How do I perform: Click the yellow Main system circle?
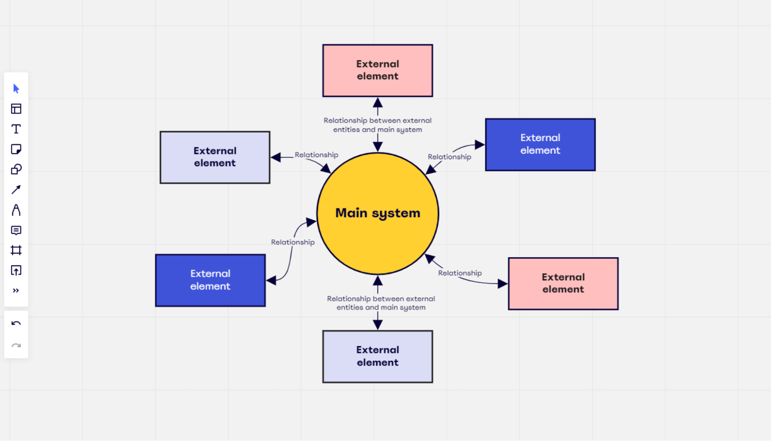tap(378, 213)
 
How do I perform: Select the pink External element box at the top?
tap(378, 71)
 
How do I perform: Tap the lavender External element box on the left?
tap(215, 157)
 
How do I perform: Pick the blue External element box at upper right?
tap(540, 145)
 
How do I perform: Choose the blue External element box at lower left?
tap(210, 280)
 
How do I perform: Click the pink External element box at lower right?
tap(563, 284)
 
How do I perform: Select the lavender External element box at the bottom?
tap(378, 357)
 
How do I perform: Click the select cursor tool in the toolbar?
tap(16, 89)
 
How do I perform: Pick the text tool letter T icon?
tap(16, 129)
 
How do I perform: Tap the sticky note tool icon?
tap(16, 149)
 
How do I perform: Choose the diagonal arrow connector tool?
tap(16, 189)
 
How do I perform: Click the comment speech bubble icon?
tap(16, 230)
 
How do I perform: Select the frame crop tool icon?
tap(16, 250)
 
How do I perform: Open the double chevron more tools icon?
tap(16, 291)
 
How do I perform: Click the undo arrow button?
tap(16, 323)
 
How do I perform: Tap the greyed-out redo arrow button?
tap(16, 345)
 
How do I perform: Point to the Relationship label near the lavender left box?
tap(316, 155)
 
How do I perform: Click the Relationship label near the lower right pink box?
tap(460, 273)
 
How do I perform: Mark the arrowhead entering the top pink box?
tap(378, 102)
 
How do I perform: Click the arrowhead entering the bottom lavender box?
tap(378, 325)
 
